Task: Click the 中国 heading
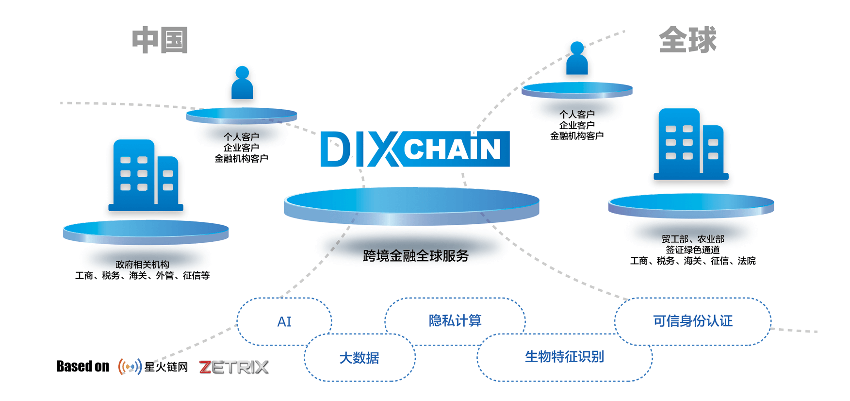(x=160, y=40)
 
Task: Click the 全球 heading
(x=687, y=40)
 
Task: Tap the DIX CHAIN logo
(x=415, y=149)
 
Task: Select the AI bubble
(x=284, y=321)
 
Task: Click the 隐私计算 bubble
(x=455, y=320)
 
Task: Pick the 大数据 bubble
(x=359, y=358)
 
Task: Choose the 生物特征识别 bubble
(x=564, y=357)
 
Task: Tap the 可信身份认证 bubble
(x=692, y=321)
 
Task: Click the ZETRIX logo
(x=234, y=367)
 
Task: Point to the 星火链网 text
(x=166, y=367)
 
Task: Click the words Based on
(x=83, y=367)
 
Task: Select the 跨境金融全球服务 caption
(x=415, y=256)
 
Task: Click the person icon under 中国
(x=242, y=83)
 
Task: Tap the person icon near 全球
(x=577, y=58)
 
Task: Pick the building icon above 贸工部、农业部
(x=691, y=144)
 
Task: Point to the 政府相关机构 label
(x=142, y=265)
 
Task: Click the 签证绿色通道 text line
(x=692, y=250)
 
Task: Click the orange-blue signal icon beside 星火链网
(x=130, y=367)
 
